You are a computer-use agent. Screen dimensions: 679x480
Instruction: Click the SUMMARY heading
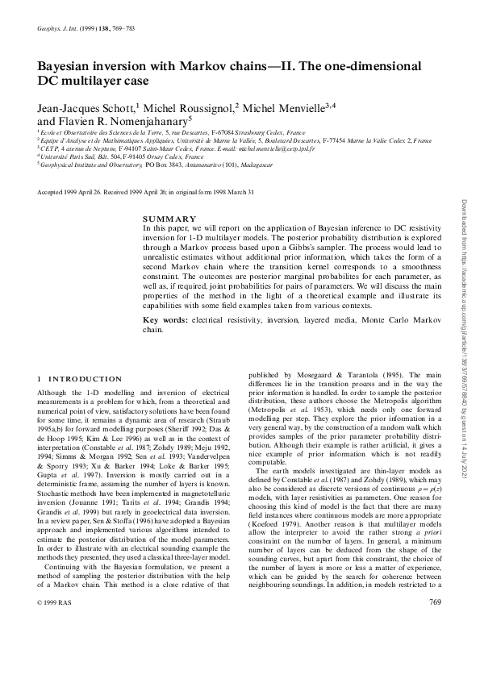169,219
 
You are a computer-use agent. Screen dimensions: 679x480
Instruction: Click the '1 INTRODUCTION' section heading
81,379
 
